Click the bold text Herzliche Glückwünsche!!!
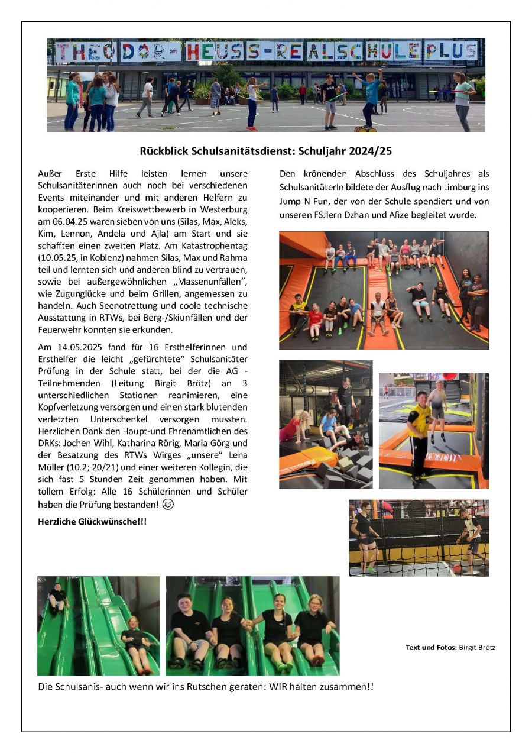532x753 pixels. tap(92, 521)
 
